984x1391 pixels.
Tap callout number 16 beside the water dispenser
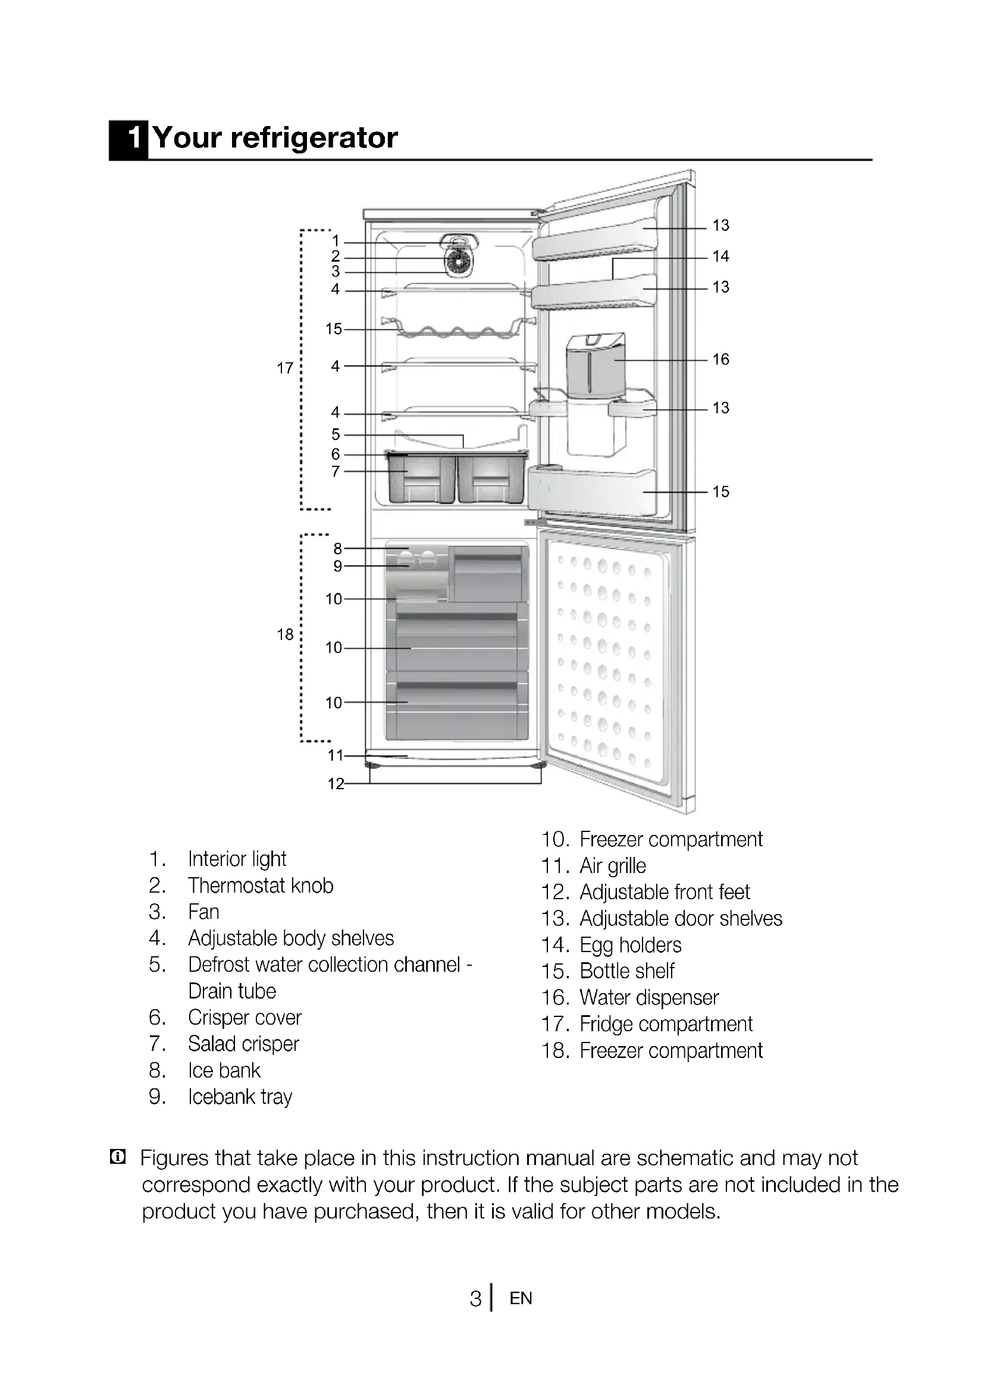tap(720, 359)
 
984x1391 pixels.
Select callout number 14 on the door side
tap(720, 256)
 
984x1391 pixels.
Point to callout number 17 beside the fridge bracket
tap(285, 368)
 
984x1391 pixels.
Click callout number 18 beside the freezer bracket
tap(285, 635)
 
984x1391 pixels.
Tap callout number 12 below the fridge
tap(336, 784)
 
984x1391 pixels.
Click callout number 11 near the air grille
tap(336, 755)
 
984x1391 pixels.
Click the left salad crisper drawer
tap(422, 479)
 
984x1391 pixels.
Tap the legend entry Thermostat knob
tap(261, 886)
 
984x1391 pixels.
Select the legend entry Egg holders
tap(630, 945)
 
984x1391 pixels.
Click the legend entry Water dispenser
tap(649, 997)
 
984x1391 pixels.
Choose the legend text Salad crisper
tap(243, 1044)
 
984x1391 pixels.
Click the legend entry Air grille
tap(613, 866)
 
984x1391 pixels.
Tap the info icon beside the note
tap(118, 1157)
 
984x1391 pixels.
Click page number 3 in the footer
tap(476, 1298)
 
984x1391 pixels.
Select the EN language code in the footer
tap(521, 1298)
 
